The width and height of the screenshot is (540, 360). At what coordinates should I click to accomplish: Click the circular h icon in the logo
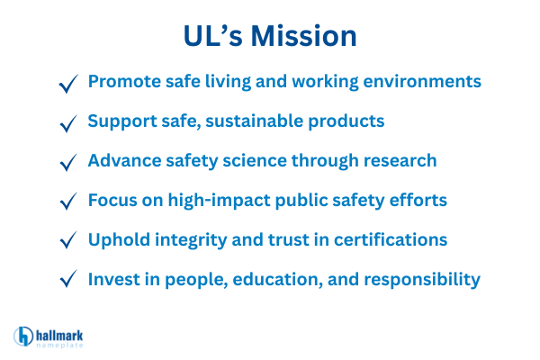pos(24,336)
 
